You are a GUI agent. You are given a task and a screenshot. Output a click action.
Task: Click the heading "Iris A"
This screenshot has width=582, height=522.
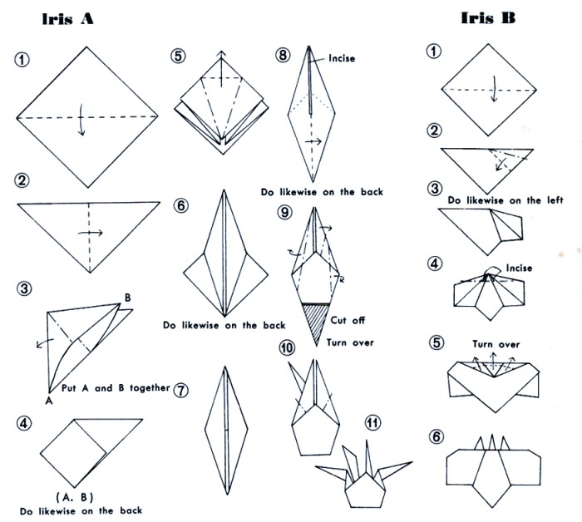(67, 18)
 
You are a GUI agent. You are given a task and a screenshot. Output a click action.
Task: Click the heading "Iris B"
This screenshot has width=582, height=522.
(488, 17)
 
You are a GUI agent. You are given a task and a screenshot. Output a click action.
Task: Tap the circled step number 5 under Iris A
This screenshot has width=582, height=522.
(178, 56)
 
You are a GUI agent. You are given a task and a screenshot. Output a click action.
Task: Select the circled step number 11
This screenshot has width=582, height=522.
(373, 423)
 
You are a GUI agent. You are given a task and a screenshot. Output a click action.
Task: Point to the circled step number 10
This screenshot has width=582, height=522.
(287, 348)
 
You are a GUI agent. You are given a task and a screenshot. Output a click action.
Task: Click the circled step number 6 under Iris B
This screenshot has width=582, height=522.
(436, 436)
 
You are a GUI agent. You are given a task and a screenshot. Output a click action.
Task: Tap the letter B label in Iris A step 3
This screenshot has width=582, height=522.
(127, 298)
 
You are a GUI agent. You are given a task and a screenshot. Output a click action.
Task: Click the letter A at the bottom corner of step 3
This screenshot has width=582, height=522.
(48, 401)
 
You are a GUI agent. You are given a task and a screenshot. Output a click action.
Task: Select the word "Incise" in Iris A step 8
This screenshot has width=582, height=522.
(342, 58)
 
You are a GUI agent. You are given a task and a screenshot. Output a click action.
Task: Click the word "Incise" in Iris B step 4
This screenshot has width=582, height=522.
(519, 268)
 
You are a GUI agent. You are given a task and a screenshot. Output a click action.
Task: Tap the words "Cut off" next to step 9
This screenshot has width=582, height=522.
(348, 320)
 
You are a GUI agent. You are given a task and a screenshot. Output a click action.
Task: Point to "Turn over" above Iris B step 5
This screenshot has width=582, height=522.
(496, 344)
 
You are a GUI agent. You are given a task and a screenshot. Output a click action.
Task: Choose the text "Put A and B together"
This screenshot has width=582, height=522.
(116, 388)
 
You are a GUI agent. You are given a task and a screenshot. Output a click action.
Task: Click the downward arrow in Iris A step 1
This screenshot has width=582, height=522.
(81, 120)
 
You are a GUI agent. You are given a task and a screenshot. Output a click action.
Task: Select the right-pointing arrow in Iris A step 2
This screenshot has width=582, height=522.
(90, 233)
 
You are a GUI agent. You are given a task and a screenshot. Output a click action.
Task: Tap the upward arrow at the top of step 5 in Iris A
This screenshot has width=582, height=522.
(222, 69)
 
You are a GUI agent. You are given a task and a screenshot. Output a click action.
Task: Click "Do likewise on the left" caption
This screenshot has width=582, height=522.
(506, 200)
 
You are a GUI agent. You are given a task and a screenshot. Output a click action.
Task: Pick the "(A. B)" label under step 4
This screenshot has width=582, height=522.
(75, 497)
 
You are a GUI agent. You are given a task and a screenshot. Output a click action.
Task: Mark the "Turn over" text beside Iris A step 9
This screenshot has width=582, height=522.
(350, 342)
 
